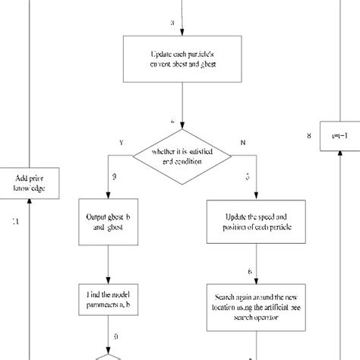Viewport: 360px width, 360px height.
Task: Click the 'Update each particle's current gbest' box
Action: [182, 60]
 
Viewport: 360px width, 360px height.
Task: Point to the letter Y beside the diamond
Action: [121, 141]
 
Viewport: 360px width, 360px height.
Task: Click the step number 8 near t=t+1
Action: [308, 137]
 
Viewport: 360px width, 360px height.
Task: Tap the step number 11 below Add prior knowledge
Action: [16, 221]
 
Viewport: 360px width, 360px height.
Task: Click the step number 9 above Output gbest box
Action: [115, 176]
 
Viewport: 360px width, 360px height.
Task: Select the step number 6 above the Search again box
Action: [250, 271]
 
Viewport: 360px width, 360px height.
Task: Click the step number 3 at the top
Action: [172, 24]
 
